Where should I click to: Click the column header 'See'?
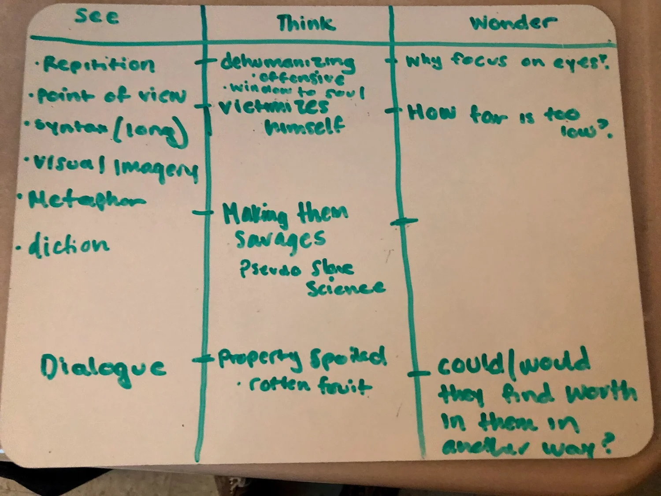(x=97, y=16)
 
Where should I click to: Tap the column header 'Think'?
(x=306, y=23)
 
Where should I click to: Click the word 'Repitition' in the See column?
(x=99, y=65)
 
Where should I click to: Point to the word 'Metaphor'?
(x=86, y=200)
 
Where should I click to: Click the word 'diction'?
(x=68, y=245)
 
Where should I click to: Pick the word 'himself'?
(x=305, y=127)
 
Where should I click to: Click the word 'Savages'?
(x=280, y=239)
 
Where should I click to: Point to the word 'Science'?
(x=346, y=287)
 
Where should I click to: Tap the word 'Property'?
(x=260, y=358)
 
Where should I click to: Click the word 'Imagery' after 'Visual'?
(x=156, y=170)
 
